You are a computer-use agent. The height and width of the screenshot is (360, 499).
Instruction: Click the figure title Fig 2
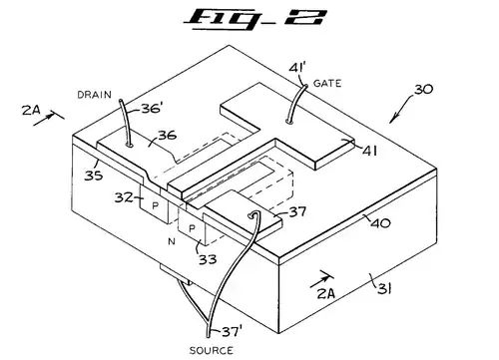point(255,19)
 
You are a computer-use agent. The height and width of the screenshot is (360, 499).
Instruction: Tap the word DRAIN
point(95,95)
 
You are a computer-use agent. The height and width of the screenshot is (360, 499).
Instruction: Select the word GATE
point(327,83)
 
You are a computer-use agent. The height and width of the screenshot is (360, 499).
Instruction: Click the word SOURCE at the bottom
point(212,350)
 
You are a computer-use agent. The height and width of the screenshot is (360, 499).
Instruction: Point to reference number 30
point(423,89)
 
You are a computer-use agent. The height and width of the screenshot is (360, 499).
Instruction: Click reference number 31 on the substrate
point(384,288)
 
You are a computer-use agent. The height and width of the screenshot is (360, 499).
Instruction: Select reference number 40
point(380,222)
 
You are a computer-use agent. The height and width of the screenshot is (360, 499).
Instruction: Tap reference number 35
point(94,176)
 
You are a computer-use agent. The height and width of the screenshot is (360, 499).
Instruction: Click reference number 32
point(124,197)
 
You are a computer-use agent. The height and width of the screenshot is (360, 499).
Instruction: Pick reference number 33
point(208,259)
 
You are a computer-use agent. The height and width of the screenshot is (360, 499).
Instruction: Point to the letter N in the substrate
point(172,241)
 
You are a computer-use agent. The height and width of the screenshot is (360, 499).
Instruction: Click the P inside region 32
point(155,205)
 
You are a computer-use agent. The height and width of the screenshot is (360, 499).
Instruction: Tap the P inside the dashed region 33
point(192,228)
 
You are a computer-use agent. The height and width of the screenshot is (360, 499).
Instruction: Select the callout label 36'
point(152,108)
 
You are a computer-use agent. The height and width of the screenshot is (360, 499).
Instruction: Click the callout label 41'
point(297,68)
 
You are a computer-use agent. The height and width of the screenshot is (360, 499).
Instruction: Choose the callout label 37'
point(233,331)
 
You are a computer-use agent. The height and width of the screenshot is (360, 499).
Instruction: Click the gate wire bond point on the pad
point(290,122)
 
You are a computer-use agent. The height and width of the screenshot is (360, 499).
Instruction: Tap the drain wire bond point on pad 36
point(130,145)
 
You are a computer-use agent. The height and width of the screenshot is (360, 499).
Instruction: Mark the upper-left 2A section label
point(31,110)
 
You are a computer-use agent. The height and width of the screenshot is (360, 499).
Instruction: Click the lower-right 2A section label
point(326,293)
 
